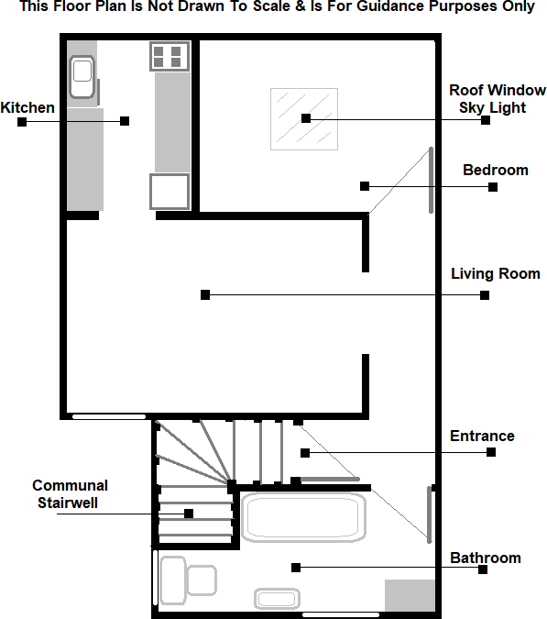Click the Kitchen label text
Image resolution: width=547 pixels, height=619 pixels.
pos(27,108)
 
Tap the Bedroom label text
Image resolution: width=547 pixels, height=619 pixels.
pos(495,171)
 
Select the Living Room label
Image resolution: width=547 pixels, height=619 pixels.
pos(495,274)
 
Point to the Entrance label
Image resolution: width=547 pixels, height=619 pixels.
pos(482,437)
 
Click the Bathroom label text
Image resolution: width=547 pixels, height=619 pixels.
pos(485,558)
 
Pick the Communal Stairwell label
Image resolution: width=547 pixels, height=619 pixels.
pos(70,493)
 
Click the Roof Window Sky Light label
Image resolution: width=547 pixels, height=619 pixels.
pos(497,98)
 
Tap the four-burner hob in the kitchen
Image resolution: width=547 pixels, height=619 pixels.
pos(170,57)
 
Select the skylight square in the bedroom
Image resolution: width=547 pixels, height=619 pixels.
pos(303,118)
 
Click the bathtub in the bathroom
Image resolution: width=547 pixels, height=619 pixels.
pos(302,518)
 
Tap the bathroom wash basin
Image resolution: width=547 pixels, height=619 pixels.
pos(276,599)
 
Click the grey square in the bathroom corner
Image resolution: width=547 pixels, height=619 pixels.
pos(409,595)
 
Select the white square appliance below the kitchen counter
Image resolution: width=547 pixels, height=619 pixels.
pos(170,191)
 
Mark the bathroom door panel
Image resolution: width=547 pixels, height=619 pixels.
pos(428,514)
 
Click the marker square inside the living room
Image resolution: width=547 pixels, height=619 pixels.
pos(205,295)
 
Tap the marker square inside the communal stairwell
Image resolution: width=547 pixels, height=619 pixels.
pos(188,514)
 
